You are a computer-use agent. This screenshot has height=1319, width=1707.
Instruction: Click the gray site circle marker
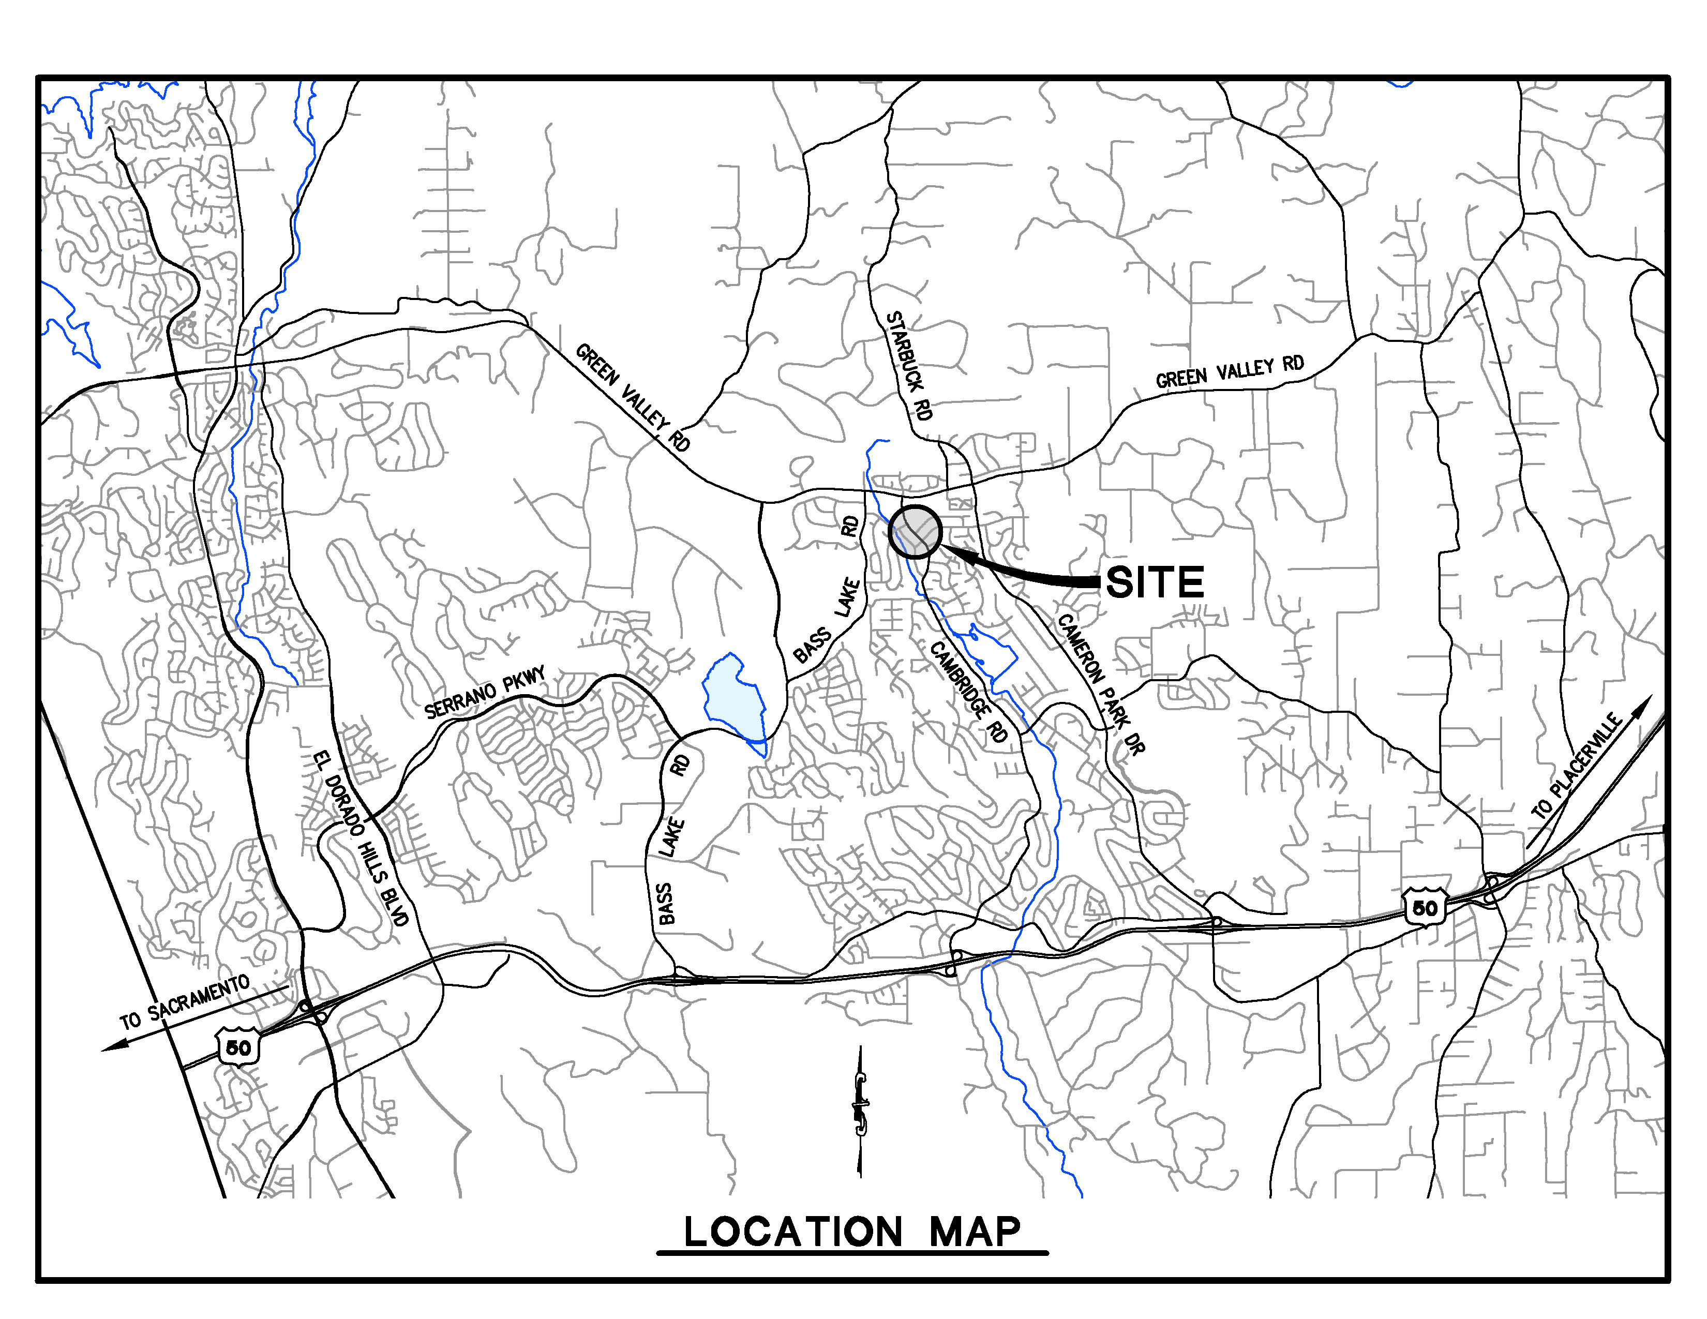[915, 531]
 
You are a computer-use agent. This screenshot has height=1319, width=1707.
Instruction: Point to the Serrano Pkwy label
[485, 693]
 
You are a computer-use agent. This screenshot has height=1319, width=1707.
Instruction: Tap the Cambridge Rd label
[969, 692]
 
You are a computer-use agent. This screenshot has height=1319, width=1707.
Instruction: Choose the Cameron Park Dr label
[1100, 683]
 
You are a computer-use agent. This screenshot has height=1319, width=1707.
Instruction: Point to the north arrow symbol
[861, 1110]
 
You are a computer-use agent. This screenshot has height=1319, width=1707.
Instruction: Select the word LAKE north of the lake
[847, 598]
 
